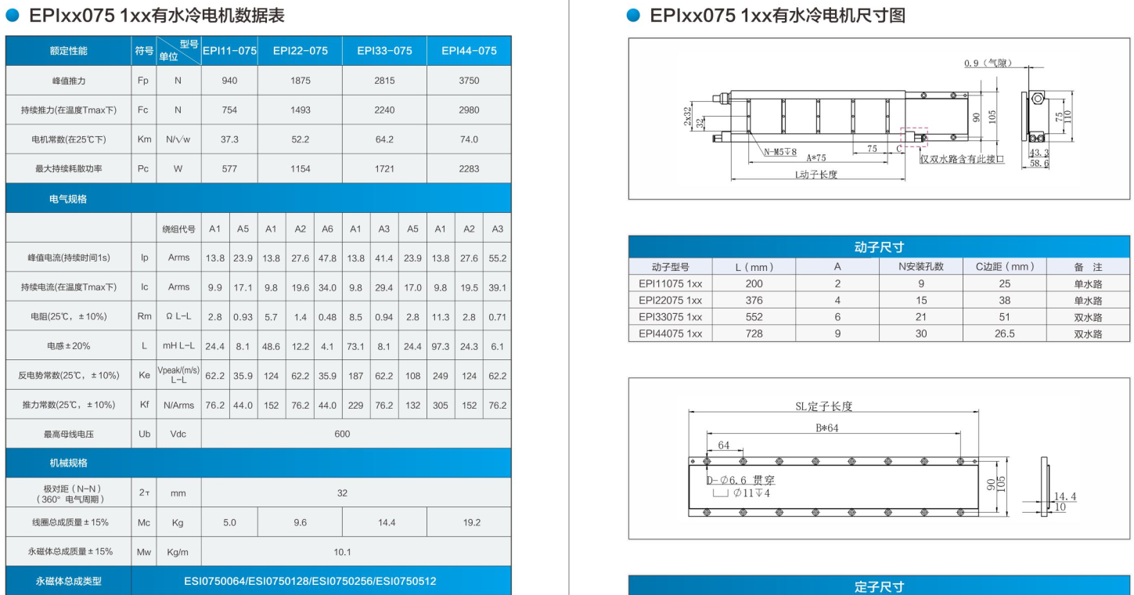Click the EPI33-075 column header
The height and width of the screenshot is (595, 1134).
click(384, 51)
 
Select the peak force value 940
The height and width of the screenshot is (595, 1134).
click(229, 81)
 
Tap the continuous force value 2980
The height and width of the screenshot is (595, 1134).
click(469, 110)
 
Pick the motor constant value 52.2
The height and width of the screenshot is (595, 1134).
click(300, 139)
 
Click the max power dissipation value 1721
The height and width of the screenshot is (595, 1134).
click(384, 169)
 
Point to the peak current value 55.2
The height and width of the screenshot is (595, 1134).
click(497, 258)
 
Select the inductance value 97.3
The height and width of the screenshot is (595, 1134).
click(441, 346)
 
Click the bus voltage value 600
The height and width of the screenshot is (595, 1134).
click(342, 434)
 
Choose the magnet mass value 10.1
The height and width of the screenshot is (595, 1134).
click(342, 552)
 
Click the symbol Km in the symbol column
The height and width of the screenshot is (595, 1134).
click(144, 139)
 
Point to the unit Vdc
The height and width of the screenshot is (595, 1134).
click(178, 434)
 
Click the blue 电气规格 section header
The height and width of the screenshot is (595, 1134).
click(68, 199)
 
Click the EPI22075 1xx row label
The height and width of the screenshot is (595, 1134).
click(670, 300)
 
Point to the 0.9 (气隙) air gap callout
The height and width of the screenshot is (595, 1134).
click(985, 63)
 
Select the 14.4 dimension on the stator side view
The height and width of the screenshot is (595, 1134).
click(1064, 496)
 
